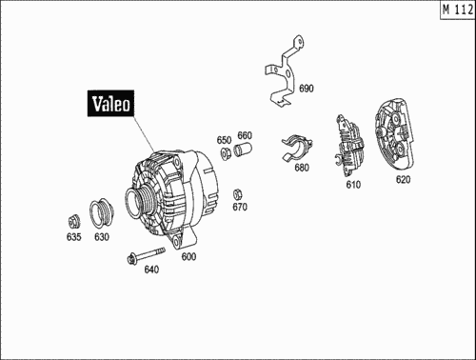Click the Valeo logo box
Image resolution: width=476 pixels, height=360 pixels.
click(110, 103)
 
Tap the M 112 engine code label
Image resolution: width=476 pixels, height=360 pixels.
click(458, 10)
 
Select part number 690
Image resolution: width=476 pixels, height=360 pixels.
click(307, 89)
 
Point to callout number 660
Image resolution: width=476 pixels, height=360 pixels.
click(245, 135)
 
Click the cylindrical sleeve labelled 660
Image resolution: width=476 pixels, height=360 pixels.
click(243, 150)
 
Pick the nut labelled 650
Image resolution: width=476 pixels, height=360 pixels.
click(226, 153)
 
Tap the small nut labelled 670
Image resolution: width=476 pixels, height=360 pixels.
click(238, 194)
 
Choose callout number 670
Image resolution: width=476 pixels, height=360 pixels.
click(240, 207)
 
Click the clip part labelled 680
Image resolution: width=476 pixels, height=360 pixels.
click(297, 148)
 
